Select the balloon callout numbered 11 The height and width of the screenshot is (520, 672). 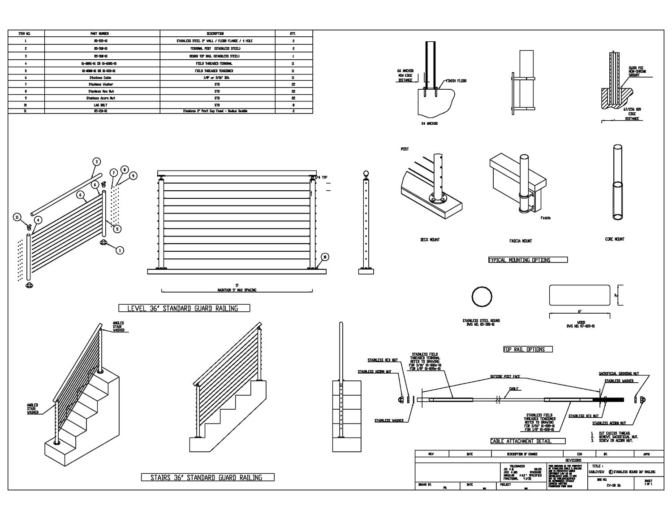[x=17, y=218]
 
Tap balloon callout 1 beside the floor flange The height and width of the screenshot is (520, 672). [x=120, y=250]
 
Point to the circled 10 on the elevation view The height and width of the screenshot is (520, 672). [x=325, y=257]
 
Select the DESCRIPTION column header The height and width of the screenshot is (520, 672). [x=215, y=34]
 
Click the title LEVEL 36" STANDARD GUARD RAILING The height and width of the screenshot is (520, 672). [x=184, y=308]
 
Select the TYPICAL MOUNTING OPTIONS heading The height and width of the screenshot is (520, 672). [x=528, y=260]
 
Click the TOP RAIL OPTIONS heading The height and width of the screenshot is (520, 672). [x=527, y=349]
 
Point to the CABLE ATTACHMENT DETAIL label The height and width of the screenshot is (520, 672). [x=521, y=441]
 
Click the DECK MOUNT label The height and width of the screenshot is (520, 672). [x=430, y=240]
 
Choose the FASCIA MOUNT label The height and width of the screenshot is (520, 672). [x=521, y=241]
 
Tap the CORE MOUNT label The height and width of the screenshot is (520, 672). [x=614, y=239]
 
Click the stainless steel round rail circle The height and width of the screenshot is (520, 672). [x=482, y=297]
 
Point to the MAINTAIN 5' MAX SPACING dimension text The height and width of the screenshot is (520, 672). [x=237, y=290]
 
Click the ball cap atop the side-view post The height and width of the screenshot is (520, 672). [x=366, y=174]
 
